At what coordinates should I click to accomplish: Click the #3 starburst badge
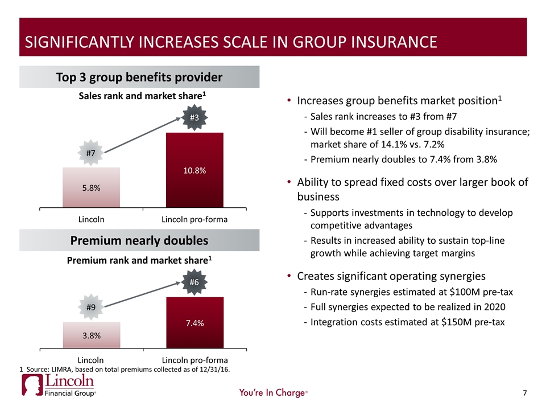click(194, 118)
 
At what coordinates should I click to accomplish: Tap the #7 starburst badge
click(91, 153)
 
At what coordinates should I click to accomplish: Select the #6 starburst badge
click(194, 282)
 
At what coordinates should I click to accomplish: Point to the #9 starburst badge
click(91, 307)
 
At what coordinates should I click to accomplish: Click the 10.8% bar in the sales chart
click(195, 170)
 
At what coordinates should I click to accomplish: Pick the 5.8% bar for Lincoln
click(91, 188)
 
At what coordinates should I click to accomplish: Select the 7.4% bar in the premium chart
click(195, 322)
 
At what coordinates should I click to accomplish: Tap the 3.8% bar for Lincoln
click(91, 335)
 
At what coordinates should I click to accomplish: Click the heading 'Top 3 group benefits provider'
click(139, 77)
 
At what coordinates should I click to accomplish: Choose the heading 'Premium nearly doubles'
click(139, 240)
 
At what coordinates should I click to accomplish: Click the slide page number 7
click(525, 392)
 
